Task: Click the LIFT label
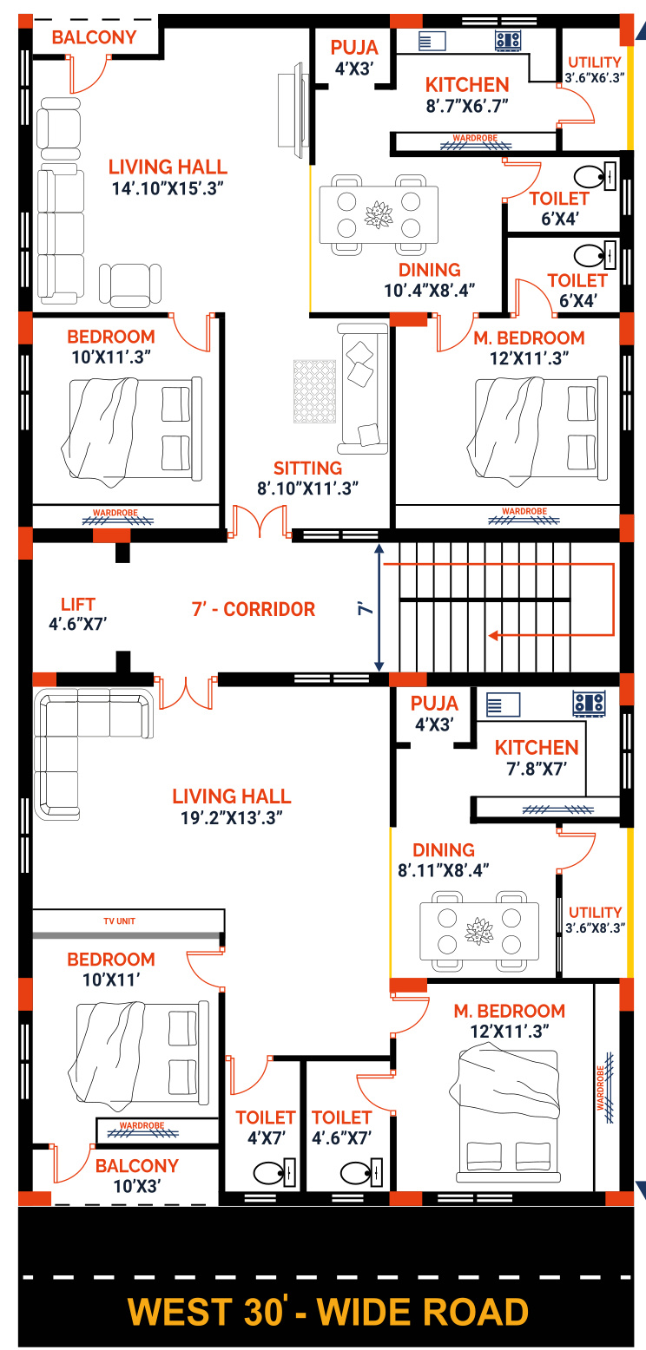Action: coord(78,604)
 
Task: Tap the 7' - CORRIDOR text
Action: coord(254,609)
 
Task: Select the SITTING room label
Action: coord(307,469)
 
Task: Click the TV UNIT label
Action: coord(120,921)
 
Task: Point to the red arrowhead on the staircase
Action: coord(493,635)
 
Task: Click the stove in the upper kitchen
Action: coord(508,41)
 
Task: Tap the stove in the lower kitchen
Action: coord(589,704)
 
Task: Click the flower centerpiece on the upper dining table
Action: coord(379,215)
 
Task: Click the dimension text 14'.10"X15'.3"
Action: coord(168,188)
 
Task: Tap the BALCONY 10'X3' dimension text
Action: coord(137,1187)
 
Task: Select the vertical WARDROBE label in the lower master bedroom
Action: coord(600,1088)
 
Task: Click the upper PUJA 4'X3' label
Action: coord(354,58)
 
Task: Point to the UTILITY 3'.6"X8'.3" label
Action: coord(595,920)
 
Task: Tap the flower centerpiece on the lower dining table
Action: coord(479,931)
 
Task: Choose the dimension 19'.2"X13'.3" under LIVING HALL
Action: coord(232,818)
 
